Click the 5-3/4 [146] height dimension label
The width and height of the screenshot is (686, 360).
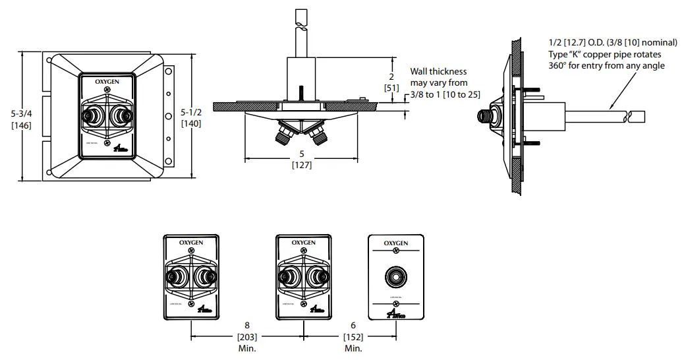pyautogui.click(x=16, y=119)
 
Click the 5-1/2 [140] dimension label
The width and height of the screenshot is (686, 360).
pyautogui.click(x=191, y=117)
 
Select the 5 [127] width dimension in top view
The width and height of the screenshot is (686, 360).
pyautogui.click(x=301, y=160)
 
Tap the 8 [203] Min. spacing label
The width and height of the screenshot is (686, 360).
pyautogui.click(x=247, y=336)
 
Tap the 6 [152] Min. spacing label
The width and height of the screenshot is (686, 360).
pyautogui.click(x=353, y=336)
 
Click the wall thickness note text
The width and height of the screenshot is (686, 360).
pyautogui.click(x=440, y=83)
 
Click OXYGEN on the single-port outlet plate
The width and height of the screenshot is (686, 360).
pyautogui.click(x=395, y=243)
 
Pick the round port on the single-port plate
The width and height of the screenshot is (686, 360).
pyautogui.click(x=395, y=277)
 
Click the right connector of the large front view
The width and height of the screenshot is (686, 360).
pyautogui.click(x=121, y=117)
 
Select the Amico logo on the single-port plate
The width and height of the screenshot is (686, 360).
pyautogui.click(x=397, y=314)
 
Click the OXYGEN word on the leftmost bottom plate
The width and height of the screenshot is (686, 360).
pyautogui.click(x=191, y=243)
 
